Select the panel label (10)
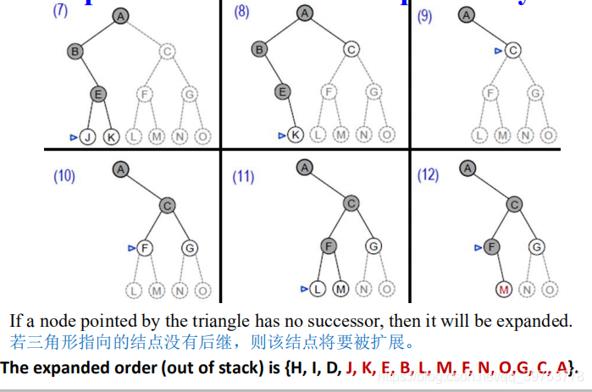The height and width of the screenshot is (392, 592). tap(64, 176)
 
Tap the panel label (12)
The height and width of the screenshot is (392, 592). tap(428, 175)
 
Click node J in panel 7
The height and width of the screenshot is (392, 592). tap(88, 135)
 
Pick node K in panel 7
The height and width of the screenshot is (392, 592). tap(111, 135)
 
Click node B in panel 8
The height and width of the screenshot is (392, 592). tap(259, 51)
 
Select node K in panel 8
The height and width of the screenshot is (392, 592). tap(295, 135)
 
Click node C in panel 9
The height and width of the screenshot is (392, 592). tap(512, 51)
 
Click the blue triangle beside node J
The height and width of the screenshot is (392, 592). tap(75, 135)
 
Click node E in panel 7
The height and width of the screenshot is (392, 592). tap(98, 94)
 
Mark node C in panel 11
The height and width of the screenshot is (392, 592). tap(350, 204)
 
